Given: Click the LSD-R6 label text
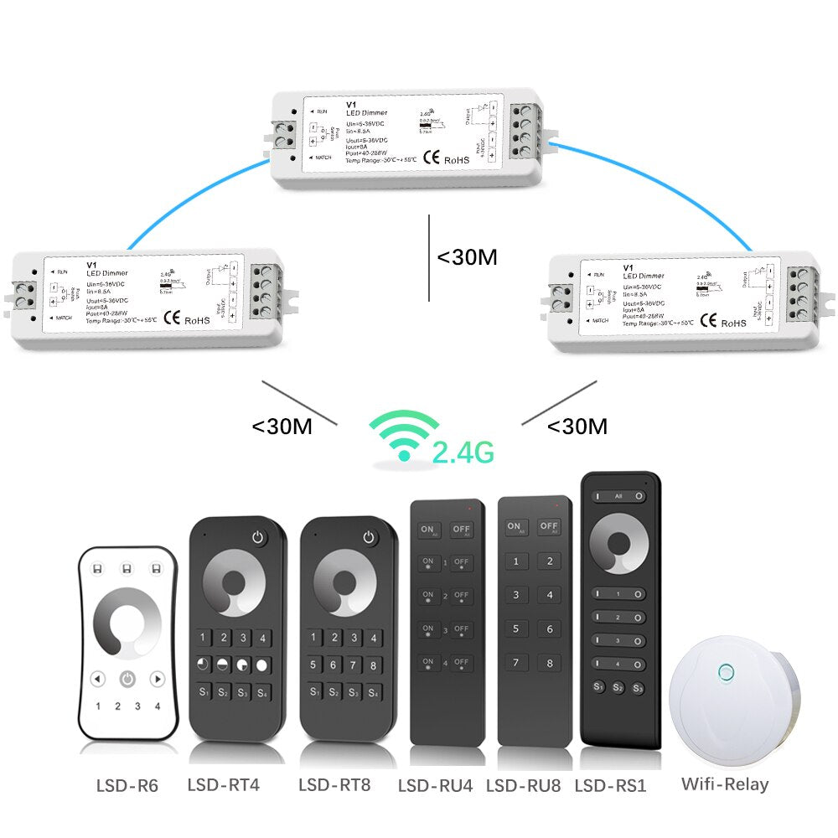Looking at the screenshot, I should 127,786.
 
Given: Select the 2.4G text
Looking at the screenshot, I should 463,453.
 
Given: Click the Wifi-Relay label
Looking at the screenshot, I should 724,784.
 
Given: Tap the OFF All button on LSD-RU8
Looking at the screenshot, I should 549,527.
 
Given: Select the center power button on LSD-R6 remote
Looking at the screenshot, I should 127,679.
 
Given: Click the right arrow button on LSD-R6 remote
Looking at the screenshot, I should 157,679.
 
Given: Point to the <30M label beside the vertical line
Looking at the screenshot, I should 467,257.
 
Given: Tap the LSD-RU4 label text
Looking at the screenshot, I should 436,786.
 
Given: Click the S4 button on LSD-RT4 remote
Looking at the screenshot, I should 263,692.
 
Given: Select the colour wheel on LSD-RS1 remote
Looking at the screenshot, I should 621,545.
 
